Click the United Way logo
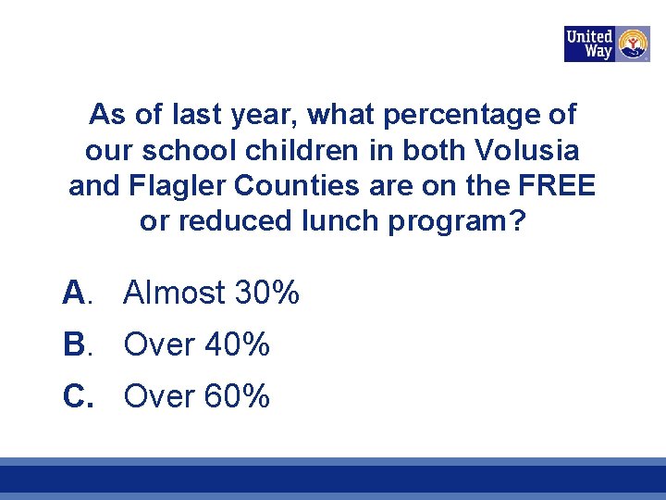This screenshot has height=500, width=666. point(606,44)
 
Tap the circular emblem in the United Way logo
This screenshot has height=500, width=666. point(633,44)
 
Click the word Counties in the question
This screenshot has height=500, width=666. point(296,185)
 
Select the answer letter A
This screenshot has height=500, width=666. point(74,294)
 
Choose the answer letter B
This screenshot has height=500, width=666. point(74,345)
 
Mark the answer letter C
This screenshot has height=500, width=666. point(75,397)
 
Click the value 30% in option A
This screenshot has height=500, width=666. point(267,294)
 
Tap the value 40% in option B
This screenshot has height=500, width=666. point(237,345)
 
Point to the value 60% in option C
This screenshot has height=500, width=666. point(237,397)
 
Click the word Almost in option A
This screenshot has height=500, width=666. point(174,294)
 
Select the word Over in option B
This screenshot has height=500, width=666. point(158,345)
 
